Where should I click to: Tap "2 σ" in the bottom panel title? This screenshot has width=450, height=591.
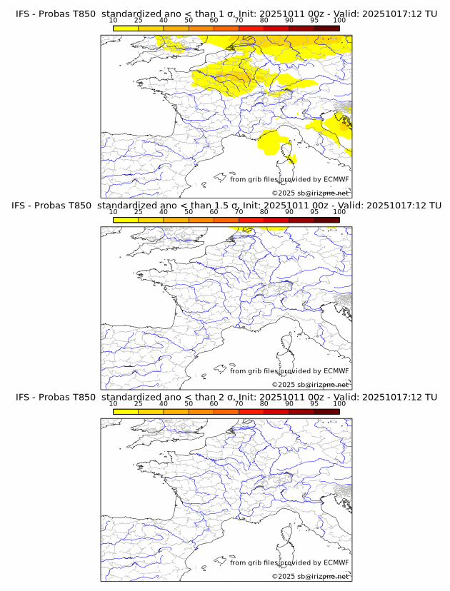[x=221, y=397]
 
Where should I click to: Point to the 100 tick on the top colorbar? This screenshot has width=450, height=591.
[x=339, y=21]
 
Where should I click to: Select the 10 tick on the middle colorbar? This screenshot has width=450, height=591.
[x=114, y=212]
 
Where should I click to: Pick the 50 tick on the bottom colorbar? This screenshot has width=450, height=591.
[x=189, y=403]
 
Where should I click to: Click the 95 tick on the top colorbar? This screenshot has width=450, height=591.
[x=314, y=21]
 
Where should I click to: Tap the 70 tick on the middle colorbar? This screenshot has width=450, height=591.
[x=239, y=212]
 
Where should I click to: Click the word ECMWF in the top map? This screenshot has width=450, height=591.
[x=336, y=179]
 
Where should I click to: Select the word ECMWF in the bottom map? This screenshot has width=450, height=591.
[x=336, y=562]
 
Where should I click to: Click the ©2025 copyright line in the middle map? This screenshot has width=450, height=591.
[x=310, y=385]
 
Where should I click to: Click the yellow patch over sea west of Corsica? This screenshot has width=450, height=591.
[x=271, y=143]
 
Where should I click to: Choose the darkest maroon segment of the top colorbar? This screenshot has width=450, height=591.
[x=326, y=28]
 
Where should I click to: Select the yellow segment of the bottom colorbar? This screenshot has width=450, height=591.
[x=126, y=411]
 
